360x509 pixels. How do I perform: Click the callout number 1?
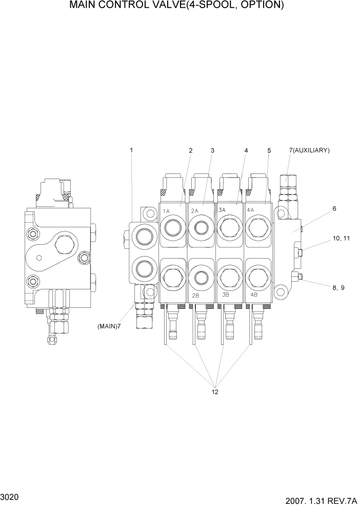pos(131,150)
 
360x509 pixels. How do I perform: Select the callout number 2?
pos(190,150)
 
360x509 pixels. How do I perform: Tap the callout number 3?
pos(212,150)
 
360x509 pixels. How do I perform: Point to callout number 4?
pos(246,150)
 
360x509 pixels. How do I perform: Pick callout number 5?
pos(269,150)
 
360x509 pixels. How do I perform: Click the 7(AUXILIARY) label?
pos(309,150)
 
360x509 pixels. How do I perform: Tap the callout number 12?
pos(215,392)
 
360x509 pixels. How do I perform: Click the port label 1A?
pos(167,211)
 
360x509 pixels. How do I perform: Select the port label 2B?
pos(195,296)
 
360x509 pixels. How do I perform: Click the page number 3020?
pos(10,497)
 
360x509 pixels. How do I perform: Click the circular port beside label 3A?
pos(228,227)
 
